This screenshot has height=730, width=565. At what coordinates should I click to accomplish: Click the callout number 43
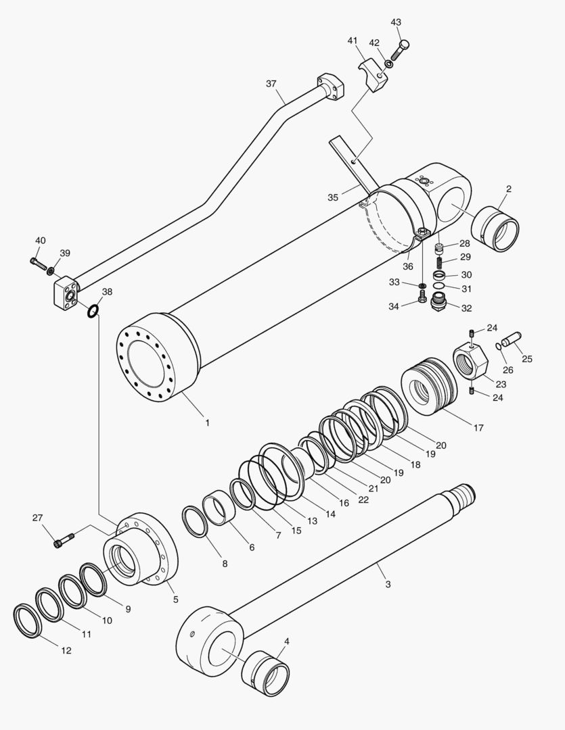pyautogui.click(x=396, y=22)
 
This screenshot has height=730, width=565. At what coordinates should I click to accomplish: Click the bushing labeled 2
pyautogui.click(x=499, y=229)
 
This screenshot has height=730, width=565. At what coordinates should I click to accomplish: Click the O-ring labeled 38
pyautogui.click(x=93, y=310)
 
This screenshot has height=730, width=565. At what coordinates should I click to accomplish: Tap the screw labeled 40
pyautogui.click(x=37, y=261)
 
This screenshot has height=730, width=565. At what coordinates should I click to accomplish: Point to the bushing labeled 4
pyautogui.click(x=267, y=673)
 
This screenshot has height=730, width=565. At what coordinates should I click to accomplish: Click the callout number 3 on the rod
pyautogui.click(x=388, y=584)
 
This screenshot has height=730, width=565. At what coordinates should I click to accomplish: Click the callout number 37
pyautogui.click(x=271, y=84)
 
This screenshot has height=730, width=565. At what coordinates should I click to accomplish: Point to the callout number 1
pyautogui.click(x=207, y=423)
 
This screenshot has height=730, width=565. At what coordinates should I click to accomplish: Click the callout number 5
pyautogui.click(x=176, y=599)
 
